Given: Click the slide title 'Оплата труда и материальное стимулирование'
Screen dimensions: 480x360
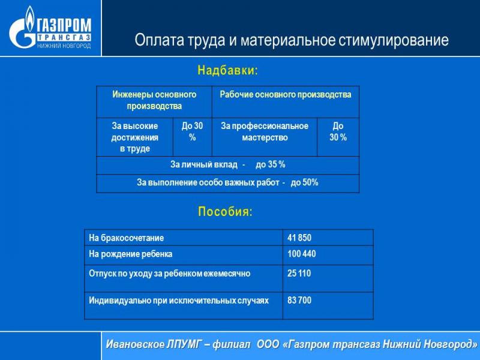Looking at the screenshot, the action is pyautogui.click(x=292, y=40).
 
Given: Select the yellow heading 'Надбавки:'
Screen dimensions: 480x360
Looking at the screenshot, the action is pyautogui.click(x=228, y=70).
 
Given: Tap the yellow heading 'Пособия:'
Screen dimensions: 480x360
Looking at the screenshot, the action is pyautogui.click(x=225, y=212).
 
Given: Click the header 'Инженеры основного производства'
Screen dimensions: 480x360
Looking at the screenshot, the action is pyautogui.click(x=154, y=100).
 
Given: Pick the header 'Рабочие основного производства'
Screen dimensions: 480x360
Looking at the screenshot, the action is pyautogui.click(x=286, y=94).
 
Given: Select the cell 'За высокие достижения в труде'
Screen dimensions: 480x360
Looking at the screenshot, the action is pyautogui.click(x=134, y=137).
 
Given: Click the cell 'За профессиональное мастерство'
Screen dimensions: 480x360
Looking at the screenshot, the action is pyautogui.click(x=265, y=131).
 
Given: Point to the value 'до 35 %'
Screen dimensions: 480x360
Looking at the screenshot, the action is pyautogui.click(x=271, y=164).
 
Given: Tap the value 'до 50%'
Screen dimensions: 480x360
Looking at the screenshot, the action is pyautogui.click(x=305, y=183).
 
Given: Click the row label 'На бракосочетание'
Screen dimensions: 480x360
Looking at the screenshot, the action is pyautogui.click(x=126, y=238).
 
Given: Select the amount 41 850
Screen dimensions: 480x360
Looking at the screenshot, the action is pyautogui.click(x=299, y=238).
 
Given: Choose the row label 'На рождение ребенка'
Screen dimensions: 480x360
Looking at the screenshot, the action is pyautogui.click(x=130, y=254).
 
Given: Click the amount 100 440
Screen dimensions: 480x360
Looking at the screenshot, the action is pyautogui.click(x=302, y=254).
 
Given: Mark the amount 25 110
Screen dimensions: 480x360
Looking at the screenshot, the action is pyautogui.click(x=299, y=273).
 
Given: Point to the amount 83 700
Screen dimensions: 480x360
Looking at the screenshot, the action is pyautogui.click(x=299, y=300).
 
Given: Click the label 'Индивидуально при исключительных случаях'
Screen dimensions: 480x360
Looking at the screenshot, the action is pyautogui.click(x=178, y=301).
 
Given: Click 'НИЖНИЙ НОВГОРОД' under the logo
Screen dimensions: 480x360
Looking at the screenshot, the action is pyautogui.click(x=64, y=46).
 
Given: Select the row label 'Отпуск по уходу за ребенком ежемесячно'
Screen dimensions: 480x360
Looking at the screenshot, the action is pyautogui.click(x=169, y=274).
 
